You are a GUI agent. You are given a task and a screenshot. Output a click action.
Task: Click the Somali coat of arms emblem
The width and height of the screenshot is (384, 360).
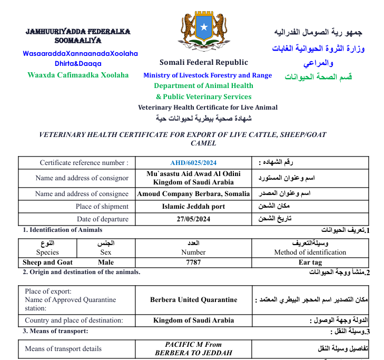(x=204, y=30)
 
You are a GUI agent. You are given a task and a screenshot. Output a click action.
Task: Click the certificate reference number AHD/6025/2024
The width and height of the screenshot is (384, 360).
(x=193, y=163)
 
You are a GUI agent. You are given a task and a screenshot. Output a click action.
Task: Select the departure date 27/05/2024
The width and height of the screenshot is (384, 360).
(x=193, y=219)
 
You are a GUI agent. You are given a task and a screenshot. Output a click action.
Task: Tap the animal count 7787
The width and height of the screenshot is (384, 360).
(x=193, y=262)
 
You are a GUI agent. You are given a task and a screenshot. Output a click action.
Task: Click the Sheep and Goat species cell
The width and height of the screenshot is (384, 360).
(x=47, y=262)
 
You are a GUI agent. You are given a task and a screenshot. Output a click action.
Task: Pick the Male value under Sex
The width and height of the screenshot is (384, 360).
(x=106, y=262)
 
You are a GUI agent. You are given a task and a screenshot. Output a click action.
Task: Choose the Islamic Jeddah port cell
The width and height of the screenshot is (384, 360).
(x=193, y=207)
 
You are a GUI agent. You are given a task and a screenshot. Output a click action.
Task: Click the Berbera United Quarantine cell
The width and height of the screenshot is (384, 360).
(x=193, y=300)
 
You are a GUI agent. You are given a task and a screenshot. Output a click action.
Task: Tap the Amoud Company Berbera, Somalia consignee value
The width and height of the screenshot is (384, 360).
(x=193, y=194)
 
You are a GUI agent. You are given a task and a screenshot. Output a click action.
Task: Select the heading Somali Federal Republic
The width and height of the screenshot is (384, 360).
(x=204, y=63)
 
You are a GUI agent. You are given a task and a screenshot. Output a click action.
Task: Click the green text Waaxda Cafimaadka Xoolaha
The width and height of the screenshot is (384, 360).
(x=78, y=75)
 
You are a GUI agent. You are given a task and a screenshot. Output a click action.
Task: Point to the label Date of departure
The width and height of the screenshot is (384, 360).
(x=102, y=219)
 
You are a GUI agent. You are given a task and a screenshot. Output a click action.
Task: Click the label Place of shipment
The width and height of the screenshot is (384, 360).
(x=102, y=207)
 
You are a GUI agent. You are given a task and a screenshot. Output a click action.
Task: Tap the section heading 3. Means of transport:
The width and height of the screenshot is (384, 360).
(x=55, y=331)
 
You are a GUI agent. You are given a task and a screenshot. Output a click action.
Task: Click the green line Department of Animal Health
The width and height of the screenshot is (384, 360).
(x=203, y=86)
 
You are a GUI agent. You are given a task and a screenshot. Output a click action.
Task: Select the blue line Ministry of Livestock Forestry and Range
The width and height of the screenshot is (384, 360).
(x=208, y=75)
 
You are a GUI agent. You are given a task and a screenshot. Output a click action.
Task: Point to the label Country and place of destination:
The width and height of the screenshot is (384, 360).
(x=74, y=320)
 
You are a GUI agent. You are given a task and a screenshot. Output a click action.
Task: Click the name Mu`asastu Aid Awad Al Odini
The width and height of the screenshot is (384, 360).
(x=193, y=174)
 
